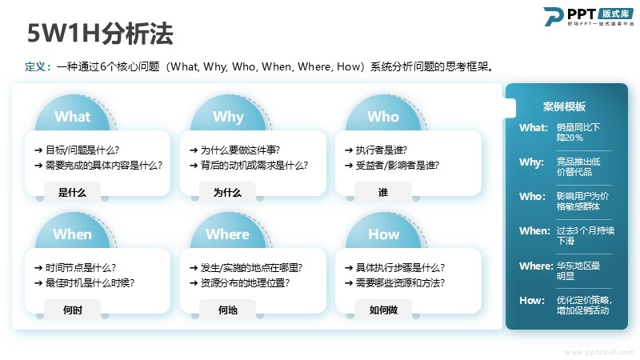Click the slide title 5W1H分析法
click(100, 33)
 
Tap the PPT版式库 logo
click(588, 17)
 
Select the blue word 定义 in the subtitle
click(35, 66)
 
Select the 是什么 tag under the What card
click(72, 192)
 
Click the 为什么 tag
click(227, 192)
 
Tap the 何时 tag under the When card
click(72, 310)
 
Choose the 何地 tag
click(227, 310)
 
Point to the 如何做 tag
click(383, 310)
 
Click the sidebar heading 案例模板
click(564, 107)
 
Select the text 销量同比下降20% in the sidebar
click(578, 132)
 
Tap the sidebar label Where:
click(536, 266)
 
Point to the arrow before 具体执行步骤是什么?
click(349, 268)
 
